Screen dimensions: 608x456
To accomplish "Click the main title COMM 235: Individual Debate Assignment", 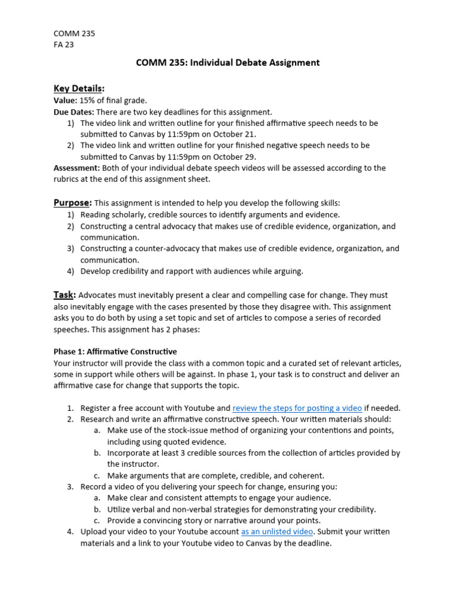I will [229, 63].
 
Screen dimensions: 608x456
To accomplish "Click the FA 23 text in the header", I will [64, 44].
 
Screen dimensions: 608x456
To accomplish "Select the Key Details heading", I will [79, 88].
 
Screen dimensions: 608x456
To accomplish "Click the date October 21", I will [235, 134].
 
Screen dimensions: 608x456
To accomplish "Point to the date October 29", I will [235, 157].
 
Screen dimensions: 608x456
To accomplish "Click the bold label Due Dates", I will [74, 112].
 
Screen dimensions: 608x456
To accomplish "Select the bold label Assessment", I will [76, 168].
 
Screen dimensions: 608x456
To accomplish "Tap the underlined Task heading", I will [64, 295].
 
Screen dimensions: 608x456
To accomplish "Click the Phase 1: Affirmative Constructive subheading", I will [115, 351].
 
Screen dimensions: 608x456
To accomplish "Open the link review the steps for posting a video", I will [297, 408].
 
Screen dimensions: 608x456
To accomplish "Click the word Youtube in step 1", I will [200, 408].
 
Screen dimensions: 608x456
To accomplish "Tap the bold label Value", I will [65, 100].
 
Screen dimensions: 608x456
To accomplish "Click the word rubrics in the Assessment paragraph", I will [66, 179].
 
